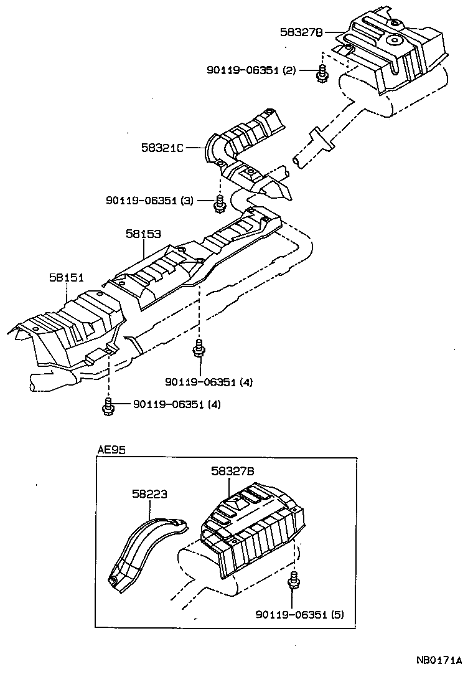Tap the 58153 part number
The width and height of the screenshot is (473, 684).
pos(143,234)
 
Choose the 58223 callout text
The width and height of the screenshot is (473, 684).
pos(149,494)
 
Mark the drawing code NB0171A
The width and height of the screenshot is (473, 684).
pos(439,660)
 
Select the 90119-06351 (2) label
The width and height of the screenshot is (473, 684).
pos(251,70)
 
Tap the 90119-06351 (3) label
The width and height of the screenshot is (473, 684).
pos(150,200)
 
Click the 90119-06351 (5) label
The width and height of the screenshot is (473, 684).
pos(299,614)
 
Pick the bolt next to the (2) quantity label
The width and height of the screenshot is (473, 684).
pos(321,74)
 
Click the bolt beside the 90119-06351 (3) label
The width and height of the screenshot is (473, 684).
pos(219,202)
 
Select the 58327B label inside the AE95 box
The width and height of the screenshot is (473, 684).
pos(232,472)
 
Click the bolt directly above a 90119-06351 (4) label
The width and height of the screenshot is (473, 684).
pos(199,349)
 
